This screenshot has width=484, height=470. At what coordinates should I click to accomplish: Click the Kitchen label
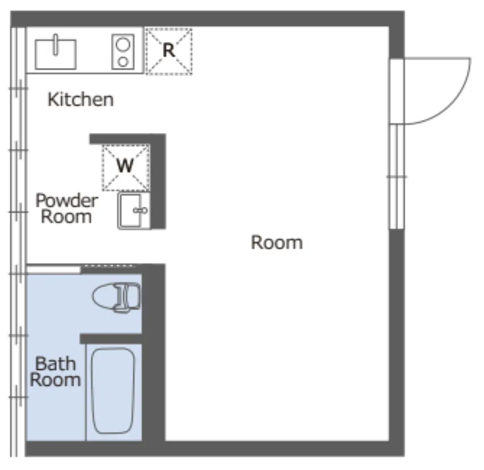point(81,100)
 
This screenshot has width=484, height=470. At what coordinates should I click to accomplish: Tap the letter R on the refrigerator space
point(169,50)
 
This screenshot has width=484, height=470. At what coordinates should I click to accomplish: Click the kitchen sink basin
point(55,54)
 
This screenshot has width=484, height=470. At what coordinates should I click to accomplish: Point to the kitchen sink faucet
point(55,45)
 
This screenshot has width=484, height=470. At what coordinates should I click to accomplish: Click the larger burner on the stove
point(123,45)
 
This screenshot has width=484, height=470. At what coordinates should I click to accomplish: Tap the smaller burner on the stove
point(123,62)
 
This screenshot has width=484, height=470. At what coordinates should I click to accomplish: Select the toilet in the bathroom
point(116,297)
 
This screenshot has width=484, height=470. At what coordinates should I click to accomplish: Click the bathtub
point(113,391)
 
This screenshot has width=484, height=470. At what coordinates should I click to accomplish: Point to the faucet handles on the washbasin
point(140,210)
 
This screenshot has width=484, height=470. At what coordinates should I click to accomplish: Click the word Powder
point(67,201)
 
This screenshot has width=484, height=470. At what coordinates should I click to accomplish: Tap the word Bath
point(55,364)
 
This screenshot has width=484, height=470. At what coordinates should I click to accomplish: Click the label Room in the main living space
point(277,242)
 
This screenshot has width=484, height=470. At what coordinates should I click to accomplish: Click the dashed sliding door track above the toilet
point(109,265)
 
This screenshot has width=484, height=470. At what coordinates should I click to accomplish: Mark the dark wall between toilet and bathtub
point(111,339)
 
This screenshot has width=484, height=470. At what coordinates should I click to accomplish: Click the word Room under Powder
point(67,217)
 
